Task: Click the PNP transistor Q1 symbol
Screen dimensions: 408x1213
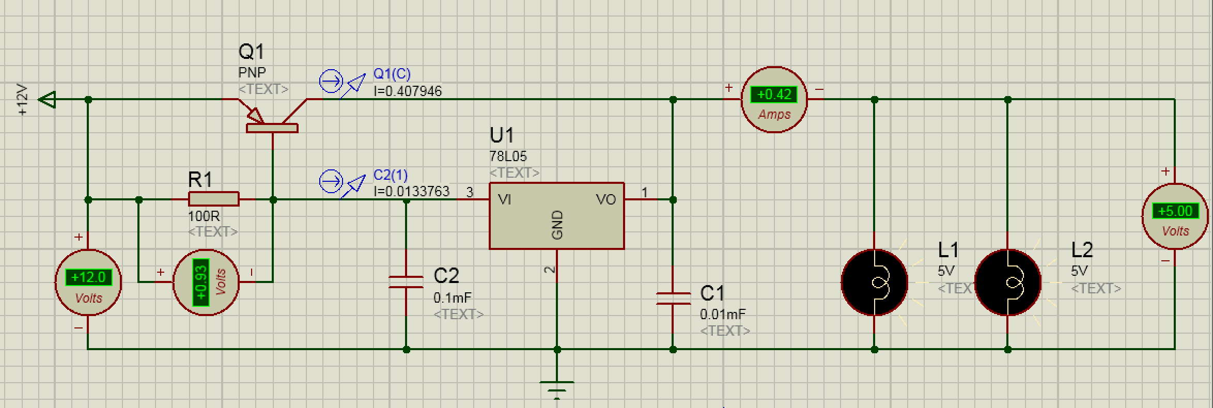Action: pyautogui.click(x=272, y=121)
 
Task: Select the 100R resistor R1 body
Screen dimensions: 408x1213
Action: pyautogui.click(x=213, y=199)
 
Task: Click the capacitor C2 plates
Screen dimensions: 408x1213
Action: pyautogui.click(x=406, y=282)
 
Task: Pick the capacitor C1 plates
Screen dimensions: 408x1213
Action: pyautogui.click(x=673, y=298)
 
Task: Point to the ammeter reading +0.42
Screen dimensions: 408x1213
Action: pyautogui.click(x=774, y=95)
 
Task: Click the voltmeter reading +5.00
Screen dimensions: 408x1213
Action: pyautogui.click(x=1175, y=211)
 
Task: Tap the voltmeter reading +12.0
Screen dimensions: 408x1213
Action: pyautogui.click(x=88, y=278)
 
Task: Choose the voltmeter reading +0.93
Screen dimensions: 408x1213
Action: pyautogui.click(x=201, y=283)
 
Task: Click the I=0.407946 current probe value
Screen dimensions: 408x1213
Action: pyautogui.click(x=408, y=91)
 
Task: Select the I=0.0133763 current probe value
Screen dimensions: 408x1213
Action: pyautogui.click(x=411, y=192)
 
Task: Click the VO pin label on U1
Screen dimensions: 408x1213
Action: pyautogui.click(x=605, y=199)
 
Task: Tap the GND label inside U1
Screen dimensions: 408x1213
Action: pyautogui.click(x=557, y=225)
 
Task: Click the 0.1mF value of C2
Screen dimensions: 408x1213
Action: pyautogui.click(x=453, y=298)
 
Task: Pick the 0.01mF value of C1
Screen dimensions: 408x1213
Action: pyautogui.click(x=722, y=314)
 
